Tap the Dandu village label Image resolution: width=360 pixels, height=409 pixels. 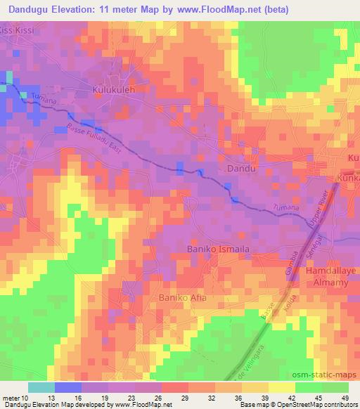pyautogui.click(x=240, y=169)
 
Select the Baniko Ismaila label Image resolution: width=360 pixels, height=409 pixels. pyautogui.click(x=218, y=249)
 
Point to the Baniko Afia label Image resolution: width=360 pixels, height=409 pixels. pyautogui.click(x=181, y=298)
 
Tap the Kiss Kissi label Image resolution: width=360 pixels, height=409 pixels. pyautogui.click(x=16, y=32)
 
